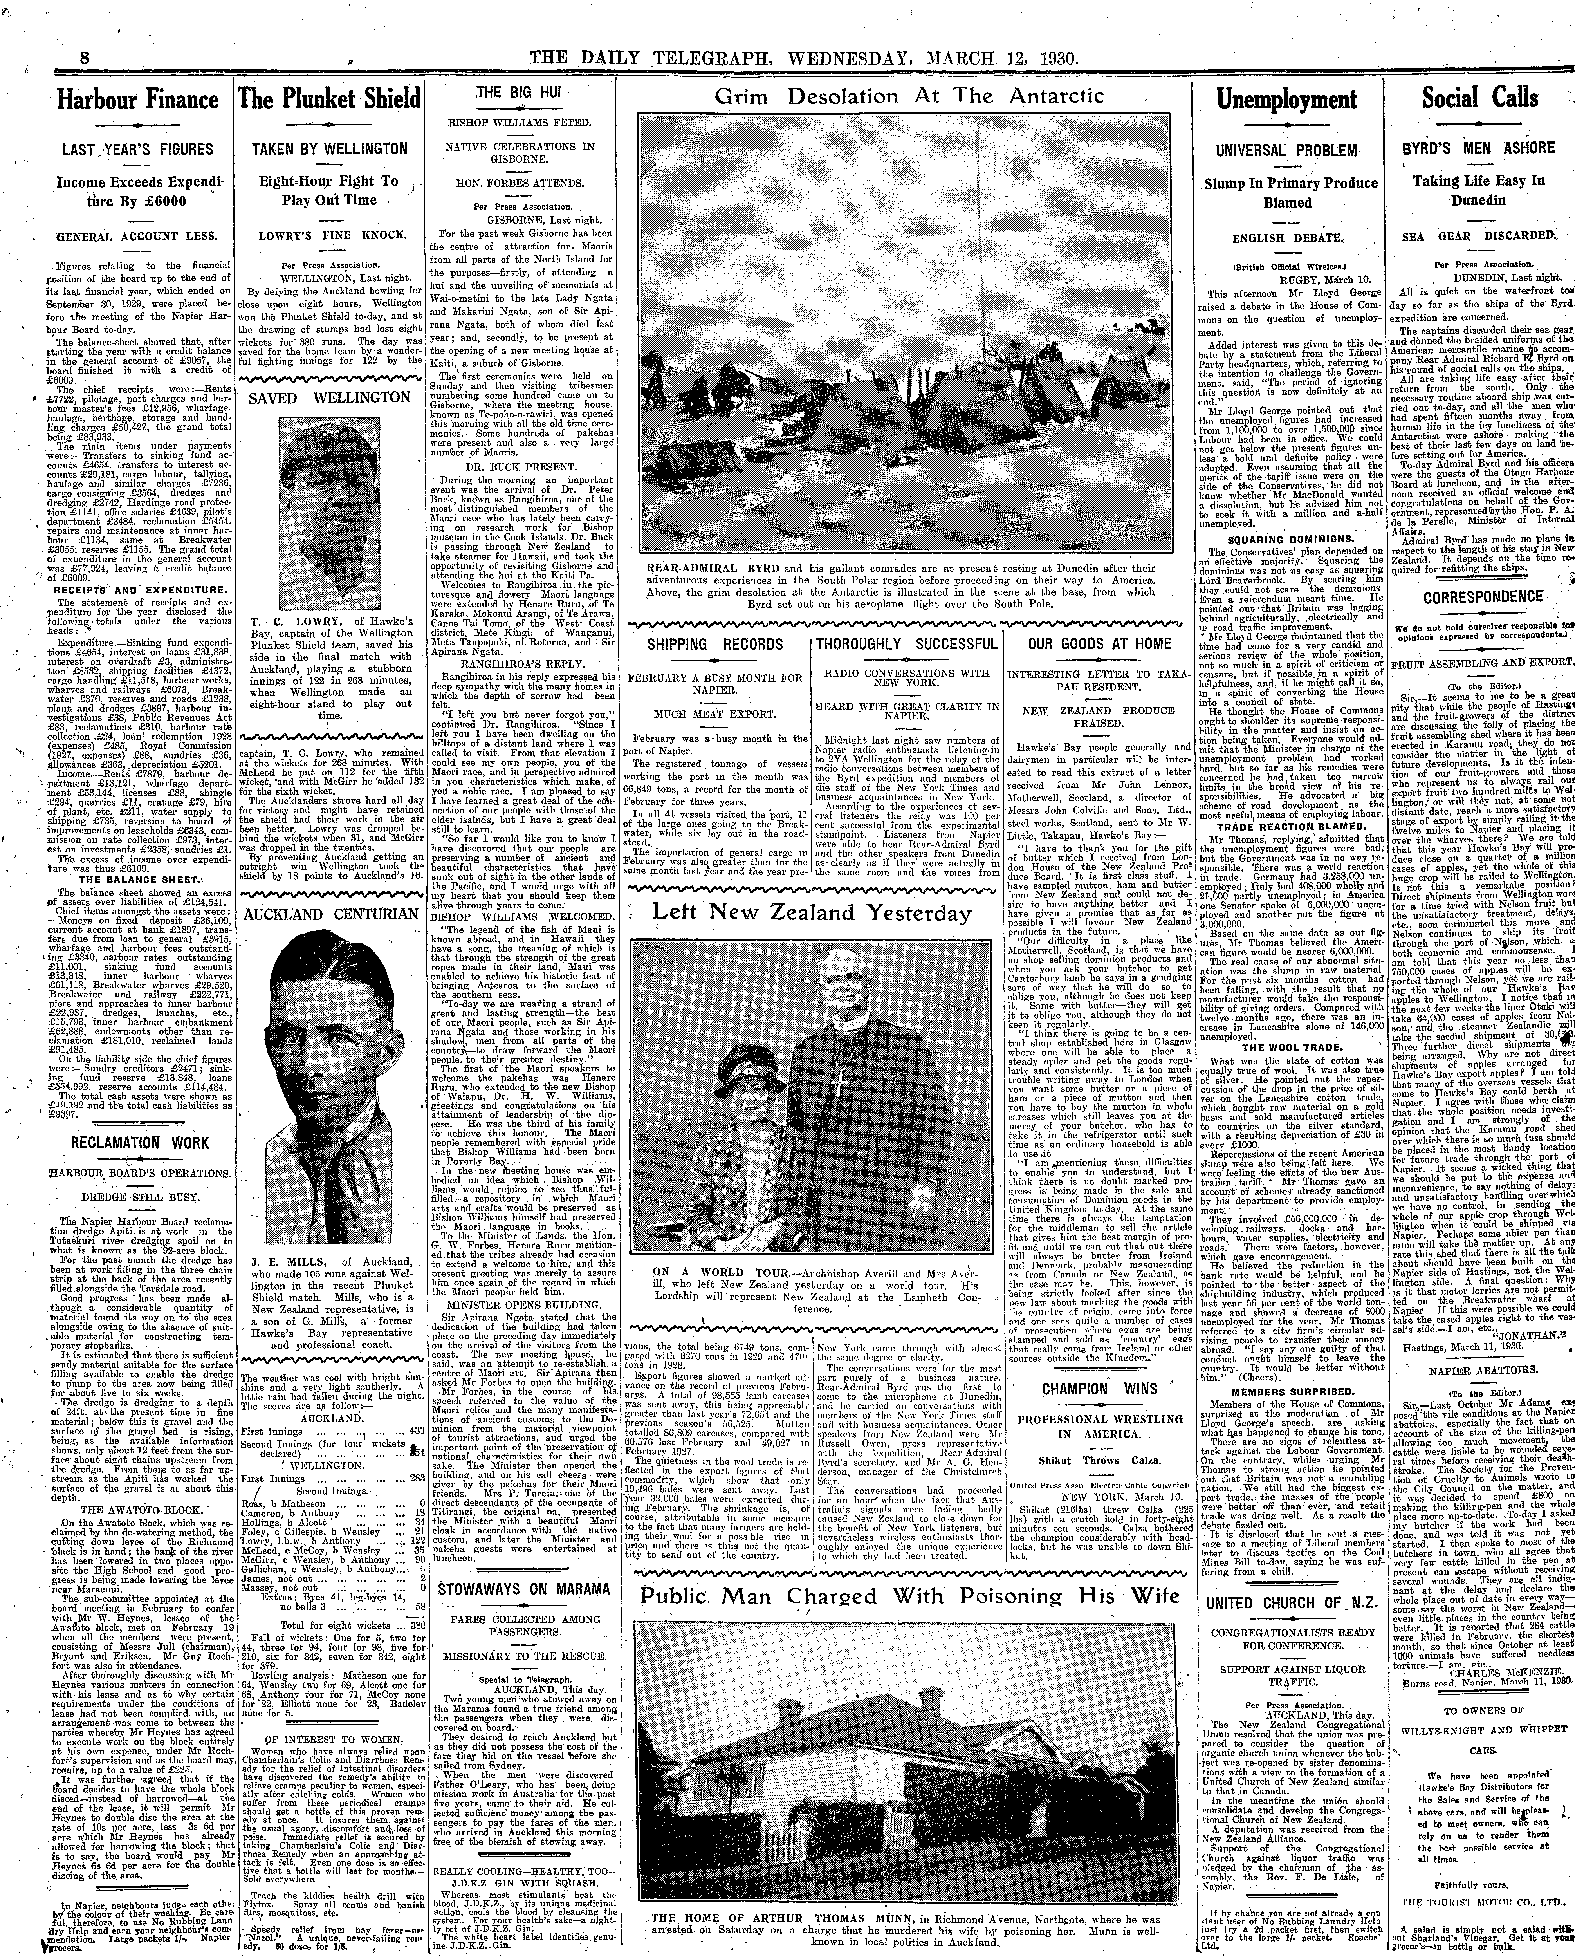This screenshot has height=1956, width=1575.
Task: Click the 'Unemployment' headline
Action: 1286,100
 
